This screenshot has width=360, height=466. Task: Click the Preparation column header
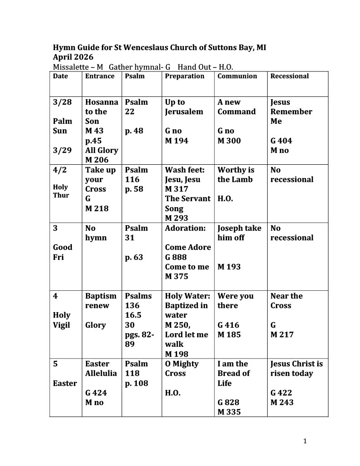pyautogui.click(x=184, y=76)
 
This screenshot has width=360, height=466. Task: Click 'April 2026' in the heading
pyautogui.click(x=73, y=57)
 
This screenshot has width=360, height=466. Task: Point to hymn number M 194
pyautogui.click(x=176, y=141)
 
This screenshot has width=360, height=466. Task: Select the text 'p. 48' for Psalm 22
pyautogui.click(x=134, y=131)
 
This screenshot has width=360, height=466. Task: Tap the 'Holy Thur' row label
pyautogui.click(x=61, y=191)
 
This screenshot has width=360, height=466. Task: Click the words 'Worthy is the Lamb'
pyautogui.click(x=236, y=175)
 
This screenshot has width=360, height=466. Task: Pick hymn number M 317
pyautogui.click(x=176, y=189)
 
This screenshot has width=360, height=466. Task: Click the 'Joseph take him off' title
pyautogui.click(x=239, y=233)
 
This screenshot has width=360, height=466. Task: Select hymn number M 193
pyautogui.click(x=229, y=267)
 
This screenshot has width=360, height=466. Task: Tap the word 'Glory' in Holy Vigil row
pyautogui.click(x=96, y=325)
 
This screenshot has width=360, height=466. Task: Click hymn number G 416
pyautogui.click(x=228, y=325)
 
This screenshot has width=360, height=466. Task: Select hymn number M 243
pyautogui.click(x=282, y=402)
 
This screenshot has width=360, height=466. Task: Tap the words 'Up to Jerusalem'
pyautogui.click(x=184, y=107)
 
